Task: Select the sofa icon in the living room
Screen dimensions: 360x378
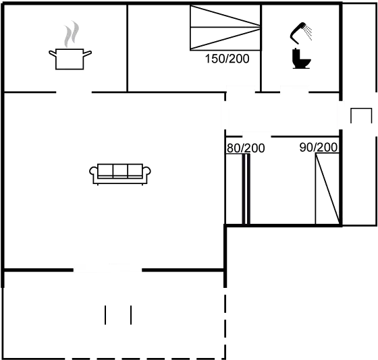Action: coord(120,173)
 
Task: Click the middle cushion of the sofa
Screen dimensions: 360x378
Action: coord(120,171)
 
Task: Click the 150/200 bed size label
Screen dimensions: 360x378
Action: coord(227,59)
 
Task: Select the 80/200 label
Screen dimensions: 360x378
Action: coord(245,148)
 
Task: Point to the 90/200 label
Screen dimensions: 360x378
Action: coord(319,148)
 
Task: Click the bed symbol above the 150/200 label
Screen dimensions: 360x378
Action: coord(225,27)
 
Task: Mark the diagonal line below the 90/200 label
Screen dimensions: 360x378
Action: coord(327,189)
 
